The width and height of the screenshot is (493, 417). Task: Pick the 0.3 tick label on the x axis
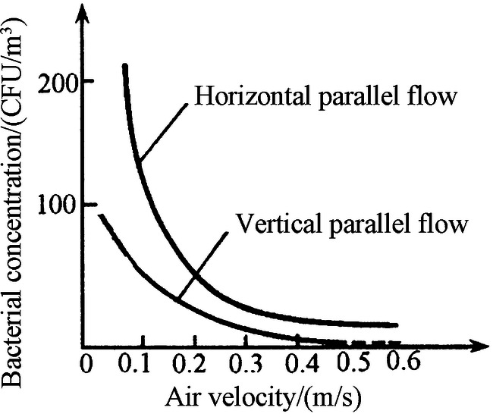click(244, 362)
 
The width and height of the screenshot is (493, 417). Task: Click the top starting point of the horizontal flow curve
click(124, 67)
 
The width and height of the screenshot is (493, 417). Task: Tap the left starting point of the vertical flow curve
click(99, 215)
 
